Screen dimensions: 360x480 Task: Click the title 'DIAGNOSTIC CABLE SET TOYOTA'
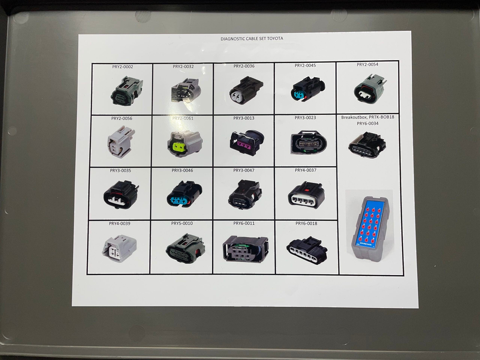pos(252,39)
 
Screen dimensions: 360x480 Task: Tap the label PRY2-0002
pos(122,67)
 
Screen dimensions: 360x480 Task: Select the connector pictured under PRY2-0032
pos(186,90)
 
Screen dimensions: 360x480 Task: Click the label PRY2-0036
pos(244,66)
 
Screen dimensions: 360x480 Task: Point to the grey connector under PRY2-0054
pos(370,89)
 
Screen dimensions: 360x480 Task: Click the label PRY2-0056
pos(121,119)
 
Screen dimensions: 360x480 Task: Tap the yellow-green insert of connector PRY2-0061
pos(179,147)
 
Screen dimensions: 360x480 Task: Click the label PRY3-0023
pos(305,118)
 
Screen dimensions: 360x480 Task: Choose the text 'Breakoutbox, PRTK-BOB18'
pos(367,117)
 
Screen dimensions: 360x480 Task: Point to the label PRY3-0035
pos(120,171)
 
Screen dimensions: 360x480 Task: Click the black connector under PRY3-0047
pos(245,195)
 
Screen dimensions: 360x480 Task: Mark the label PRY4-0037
pos(306,170)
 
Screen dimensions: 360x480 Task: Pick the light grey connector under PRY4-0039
pos(120,248)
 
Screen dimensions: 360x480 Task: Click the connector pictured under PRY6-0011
pos(245,248)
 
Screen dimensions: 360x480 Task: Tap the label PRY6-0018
pos(306,224)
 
